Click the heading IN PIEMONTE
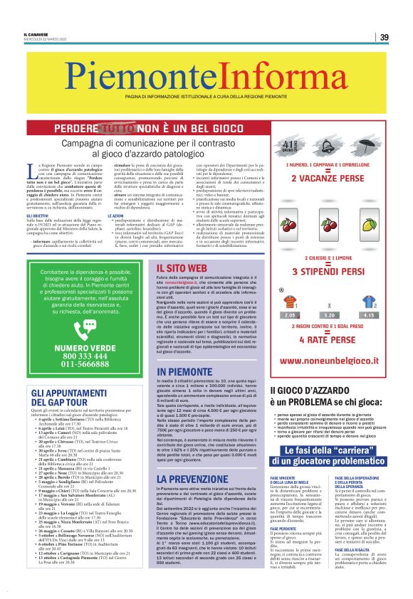pyautogui.click(x=184, y=372)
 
